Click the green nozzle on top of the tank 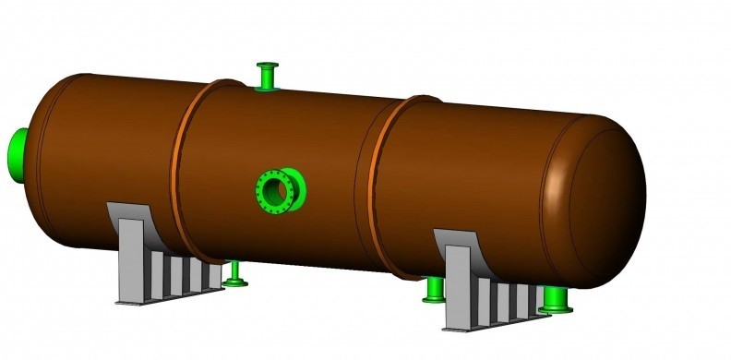[268, 76]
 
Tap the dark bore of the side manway [274, 190]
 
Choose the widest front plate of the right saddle [461, 286]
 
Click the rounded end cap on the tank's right [600, 203]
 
